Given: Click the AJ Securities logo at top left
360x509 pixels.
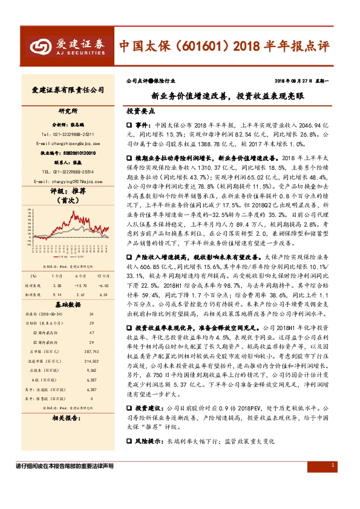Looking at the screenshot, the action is point(68,46).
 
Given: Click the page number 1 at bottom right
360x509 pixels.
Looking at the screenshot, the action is point(333,465).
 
